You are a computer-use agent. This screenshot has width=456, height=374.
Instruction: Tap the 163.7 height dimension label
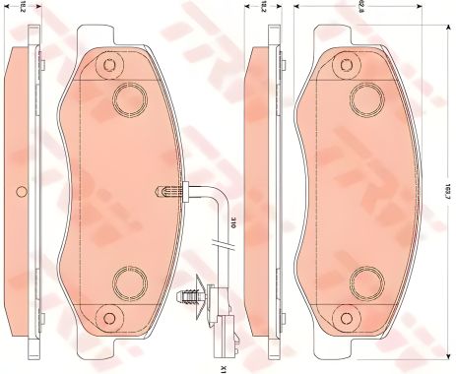(x=446, y=186)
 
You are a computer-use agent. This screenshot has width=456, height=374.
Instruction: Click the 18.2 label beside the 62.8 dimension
(x=265, y=9)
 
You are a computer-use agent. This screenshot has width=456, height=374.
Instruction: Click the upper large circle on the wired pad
(x=129, y=97)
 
